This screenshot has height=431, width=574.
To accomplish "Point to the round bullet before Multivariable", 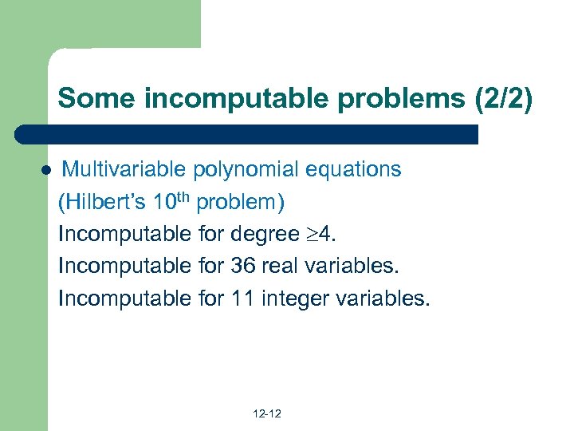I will (x=46, y=171).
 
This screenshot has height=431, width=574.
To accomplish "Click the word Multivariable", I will (x=124, y=169).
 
